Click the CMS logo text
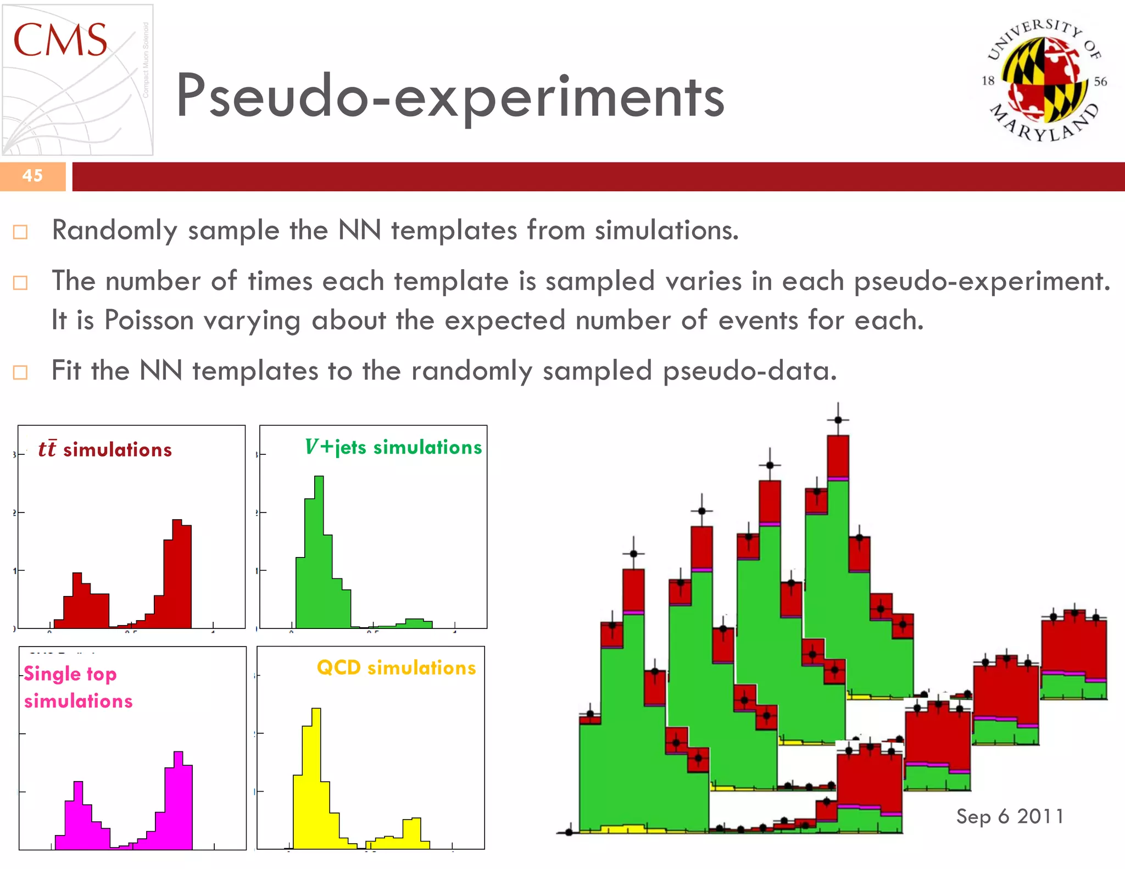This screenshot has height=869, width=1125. pyautogui.click(x=60, y=40)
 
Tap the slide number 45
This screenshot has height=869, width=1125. pyautogui.click(x=32, y=176)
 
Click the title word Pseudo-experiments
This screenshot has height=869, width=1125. pyautogui.click(x=450, y=97)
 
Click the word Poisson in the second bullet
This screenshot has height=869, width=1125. pyautogui.click(x=149, y=320)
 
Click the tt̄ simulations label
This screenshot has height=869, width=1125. pyautogui.click(x=105, y=450)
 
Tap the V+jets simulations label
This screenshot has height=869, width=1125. pyautogui.click(x=393, y=447)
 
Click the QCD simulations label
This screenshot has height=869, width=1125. pyautogui.click(x=396, y=668)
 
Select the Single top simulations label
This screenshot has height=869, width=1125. pyautogui.click(x=77, y=687)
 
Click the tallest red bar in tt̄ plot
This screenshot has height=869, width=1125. pyautogui.click(x=177, y=571)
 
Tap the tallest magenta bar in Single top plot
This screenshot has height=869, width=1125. pyautogui.click(x=178, y=799)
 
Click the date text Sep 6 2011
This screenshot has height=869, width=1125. pyautogui.click(x=1010, y=816)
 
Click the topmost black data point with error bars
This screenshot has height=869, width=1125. pyautogui.click(x=838, y=420)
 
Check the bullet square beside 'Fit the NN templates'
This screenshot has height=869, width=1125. pyautogui.click(x=20, y=372)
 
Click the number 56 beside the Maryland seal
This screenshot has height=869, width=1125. pyautogui.click(x=1100, y=82)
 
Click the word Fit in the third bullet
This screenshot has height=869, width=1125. pyautogui.click(x=66, y=371)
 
